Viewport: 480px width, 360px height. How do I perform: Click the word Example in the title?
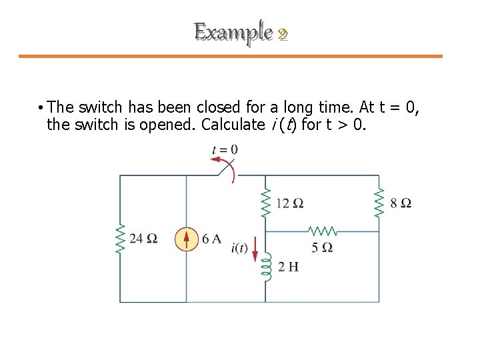(233, 31)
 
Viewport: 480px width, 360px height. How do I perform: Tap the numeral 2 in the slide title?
(282, 33)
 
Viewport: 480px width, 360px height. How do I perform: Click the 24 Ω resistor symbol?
(121, 239)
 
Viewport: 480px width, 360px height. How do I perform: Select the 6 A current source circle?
(187, 239)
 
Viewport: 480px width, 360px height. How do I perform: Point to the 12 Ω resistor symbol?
(265, 202)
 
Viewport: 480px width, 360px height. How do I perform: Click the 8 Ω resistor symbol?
(379, 202)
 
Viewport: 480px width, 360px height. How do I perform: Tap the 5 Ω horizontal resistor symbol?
(323, 231)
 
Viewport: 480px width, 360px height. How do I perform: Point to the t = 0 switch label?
(225, 150)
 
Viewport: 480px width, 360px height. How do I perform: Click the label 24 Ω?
(144, 239)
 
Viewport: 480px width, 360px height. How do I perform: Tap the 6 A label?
(211, 239)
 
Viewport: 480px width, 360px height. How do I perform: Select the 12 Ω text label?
(289, 203)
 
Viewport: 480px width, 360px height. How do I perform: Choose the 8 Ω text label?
(401, 203)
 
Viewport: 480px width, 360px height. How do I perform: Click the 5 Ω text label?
(323, 247)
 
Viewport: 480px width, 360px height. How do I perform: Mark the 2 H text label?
(288, 267)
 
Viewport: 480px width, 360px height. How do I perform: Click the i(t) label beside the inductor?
(239, 249)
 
